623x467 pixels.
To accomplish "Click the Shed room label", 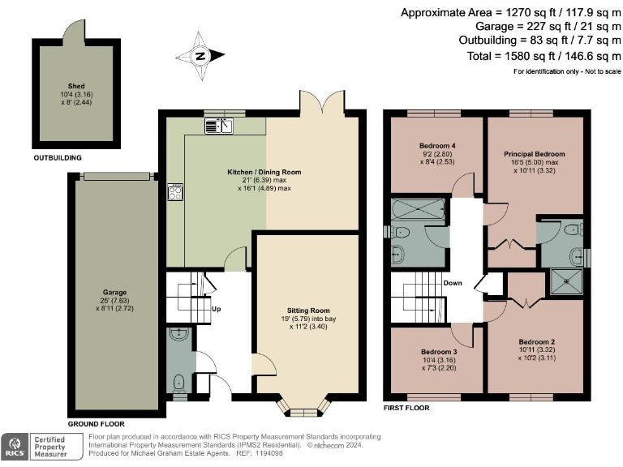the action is (76, 86).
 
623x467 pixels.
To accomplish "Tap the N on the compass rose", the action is (201, 56).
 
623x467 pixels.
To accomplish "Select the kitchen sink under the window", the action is (219, 126).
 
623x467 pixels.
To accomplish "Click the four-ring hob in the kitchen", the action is (175, 192).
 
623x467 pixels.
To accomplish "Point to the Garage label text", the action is (114, 292).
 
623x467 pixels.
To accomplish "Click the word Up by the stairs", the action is (216, 309).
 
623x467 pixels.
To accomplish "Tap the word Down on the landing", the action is (453, 283).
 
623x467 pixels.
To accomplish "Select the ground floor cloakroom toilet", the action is (179, 383).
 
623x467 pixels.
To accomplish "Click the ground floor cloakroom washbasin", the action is (179, 334).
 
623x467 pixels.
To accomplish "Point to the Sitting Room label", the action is (308, 311).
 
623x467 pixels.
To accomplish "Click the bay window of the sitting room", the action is (303, 406).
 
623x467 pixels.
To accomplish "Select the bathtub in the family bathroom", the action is (419, 209).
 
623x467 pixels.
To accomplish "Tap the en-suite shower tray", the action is (566, 281).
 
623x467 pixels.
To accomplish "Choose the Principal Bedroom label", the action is (535, 154).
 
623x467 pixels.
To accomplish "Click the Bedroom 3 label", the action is (439, 352).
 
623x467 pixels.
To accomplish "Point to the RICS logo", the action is (15, 447).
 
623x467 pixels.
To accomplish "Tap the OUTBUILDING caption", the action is (58, 157).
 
